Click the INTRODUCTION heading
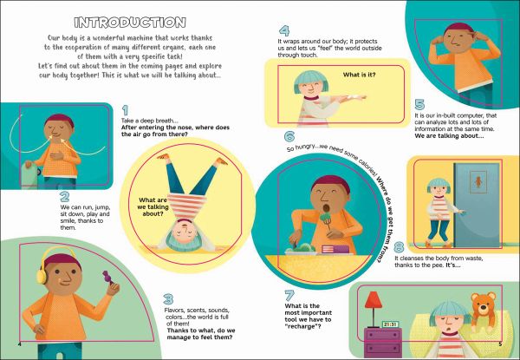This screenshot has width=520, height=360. [130, 23]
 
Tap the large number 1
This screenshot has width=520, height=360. [125, 110]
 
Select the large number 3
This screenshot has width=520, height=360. [168, 299]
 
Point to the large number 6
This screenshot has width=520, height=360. [289, 136]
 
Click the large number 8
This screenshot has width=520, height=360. [399, 247]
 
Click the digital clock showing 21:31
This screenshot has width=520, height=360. [390, 324]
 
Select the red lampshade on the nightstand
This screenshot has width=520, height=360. [374, 299]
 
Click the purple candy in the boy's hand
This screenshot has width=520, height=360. [108, 277]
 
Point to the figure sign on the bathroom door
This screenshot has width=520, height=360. [478, 182]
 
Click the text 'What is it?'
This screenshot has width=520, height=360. [359, 75]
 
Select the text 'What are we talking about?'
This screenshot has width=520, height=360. [153, 206]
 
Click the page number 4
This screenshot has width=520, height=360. [20, 344]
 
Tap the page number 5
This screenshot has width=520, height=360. [500, 344]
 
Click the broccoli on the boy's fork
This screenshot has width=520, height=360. [326, 217]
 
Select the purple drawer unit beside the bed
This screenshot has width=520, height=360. [383, 343]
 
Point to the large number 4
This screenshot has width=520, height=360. [284, 31]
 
